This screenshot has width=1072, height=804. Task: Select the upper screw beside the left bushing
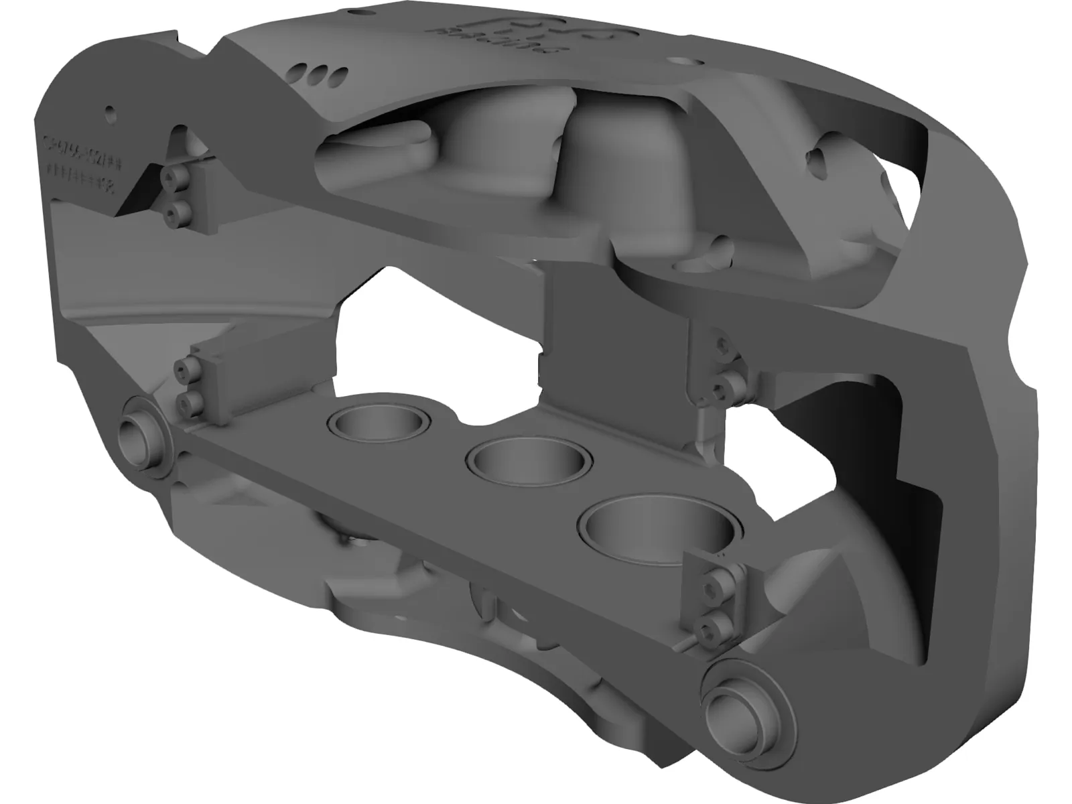pyautogui.click(x=184, y=368)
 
